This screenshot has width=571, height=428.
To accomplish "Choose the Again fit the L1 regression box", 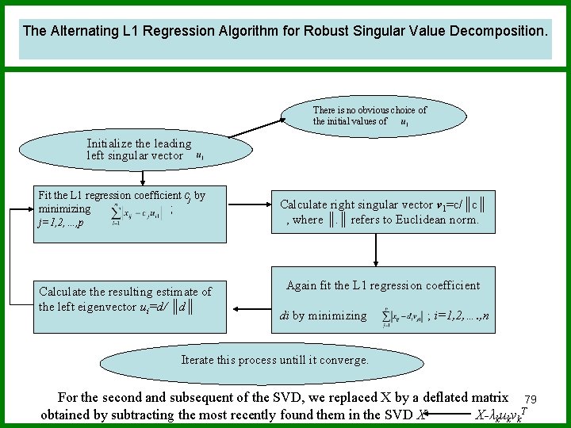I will point(382,300).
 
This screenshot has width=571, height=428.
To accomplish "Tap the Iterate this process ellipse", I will point(274,360).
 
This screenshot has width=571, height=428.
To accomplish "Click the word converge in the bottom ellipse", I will point(346,360).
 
